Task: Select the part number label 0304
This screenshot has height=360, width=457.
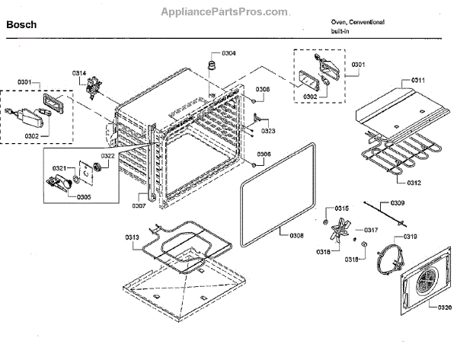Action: tap(228, 53)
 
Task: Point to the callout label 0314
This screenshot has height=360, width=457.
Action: tap(79, 73)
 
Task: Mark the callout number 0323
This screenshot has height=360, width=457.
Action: tap(267, 131)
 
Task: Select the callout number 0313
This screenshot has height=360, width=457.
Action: tap(133, 237)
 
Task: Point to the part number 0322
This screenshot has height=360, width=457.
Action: tap(107, 156)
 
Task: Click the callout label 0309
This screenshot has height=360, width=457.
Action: tap(398, 203)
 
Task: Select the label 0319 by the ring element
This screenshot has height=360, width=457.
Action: tap(410, 237)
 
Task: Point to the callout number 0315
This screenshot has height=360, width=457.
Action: tap(343, 208)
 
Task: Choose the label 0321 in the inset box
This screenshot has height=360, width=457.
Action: tap(59, 167)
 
